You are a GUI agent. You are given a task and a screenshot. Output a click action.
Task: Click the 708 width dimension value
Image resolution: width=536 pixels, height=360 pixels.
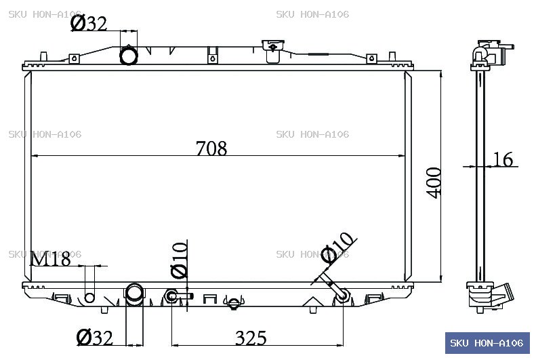pyautogui.click(x=211, y=148)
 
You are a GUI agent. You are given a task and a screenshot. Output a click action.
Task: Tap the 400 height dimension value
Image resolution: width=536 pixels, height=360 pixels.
pyautogui.click(x=434, y=182)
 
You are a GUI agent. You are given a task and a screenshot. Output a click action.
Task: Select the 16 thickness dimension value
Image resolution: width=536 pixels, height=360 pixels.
pyautogui.click(x=503, y=159)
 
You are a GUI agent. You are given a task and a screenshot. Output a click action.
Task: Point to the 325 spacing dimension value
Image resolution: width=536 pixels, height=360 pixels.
pyautogui.click(x=251, y=338)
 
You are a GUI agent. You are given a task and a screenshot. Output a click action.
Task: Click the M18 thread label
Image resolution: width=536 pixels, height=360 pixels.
pyautogui.click(x=50, y=259)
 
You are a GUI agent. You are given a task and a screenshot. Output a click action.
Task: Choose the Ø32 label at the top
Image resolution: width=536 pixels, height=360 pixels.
pyautogui.click(x=89, y=24)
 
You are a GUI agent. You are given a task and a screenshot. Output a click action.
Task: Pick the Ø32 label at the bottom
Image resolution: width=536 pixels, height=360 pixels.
pyautogui.click(x=94, y=338)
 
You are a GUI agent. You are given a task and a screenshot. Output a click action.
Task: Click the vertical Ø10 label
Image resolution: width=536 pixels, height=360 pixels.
pyautogui.click(x=180, y=260)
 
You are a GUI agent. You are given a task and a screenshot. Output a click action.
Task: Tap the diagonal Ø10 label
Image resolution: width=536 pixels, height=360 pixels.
pyautogui.click(x=338, y=248)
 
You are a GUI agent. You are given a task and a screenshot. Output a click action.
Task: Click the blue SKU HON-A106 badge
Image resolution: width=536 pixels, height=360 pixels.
pyautogui.click(x=487, y=343)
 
